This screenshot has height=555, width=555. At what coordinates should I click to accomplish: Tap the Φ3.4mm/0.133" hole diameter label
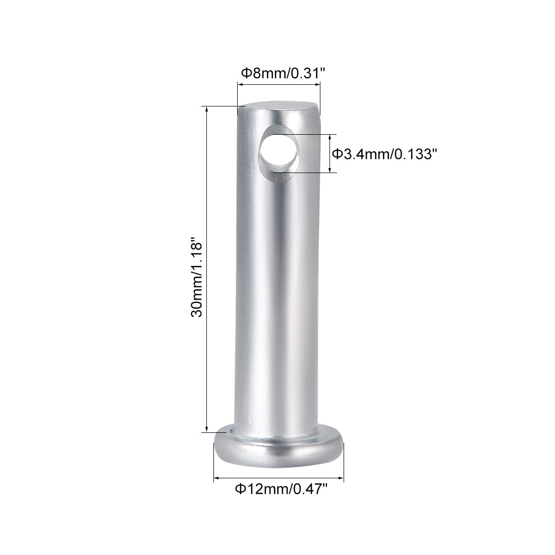(383, 154)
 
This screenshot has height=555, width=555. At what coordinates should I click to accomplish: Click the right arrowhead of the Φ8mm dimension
(318, 85)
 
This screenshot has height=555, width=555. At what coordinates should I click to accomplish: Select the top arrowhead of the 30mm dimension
(206, 109)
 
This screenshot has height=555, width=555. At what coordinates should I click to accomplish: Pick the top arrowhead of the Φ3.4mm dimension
(331, 137)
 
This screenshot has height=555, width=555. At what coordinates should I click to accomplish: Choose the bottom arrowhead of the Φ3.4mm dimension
(331, 170)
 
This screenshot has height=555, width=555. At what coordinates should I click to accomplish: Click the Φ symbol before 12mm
(241, 488)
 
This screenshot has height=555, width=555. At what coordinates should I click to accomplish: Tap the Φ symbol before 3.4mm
(338, 154)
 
